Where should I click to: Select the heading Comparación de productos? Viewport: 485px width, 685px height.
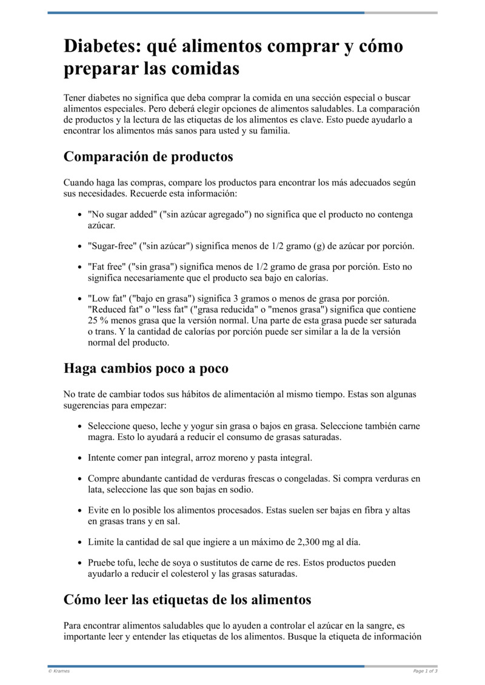click(148, 156)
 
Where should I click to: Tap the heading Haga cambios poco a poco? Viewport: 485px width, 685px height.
click(145, 368)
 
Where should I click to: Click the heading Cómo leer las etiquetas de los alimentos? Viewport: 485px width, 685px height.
click(187, 600)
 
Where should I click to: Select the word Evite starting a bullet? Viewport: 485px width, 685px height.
click(100, 510)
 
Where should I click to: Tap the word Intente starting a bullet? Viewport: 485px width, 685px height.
click(103, 457)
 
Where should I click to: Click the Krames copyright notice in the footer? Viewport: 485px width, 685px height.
click(59, 671)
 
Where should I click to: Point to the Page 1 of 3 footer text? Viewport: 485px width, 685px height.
click(425, 671)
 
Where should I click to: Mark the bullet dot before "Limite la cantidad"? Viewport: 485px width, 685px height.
click(81, 541)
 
